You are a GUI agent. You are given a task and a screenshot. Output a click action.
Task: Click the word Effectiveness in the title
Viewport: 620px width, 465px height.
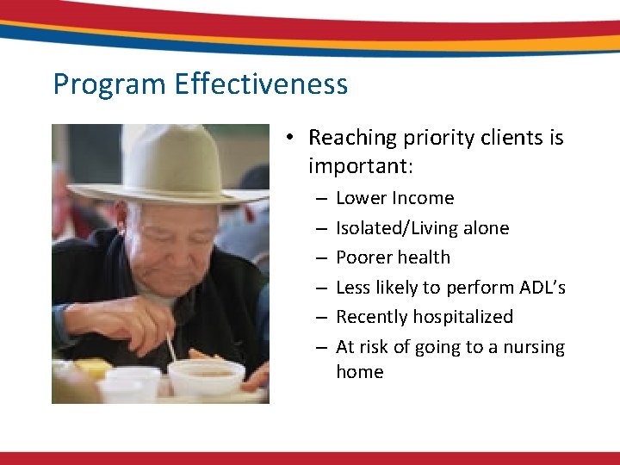(261, 84)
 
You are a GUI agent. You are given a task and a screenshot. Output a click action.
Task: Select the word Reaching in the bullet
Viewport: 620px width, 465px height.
(349, 138)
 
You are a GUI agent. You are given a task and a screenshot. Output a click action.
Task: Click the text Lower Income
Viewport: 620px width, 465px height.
(394, 198)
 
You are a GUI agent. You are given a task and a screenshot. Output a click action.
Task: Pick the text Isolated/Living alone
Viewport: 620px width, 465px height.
(422, 228)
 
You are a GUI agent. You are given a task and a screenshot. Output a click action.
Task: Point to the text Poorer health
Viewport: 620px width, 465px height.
(393, 257)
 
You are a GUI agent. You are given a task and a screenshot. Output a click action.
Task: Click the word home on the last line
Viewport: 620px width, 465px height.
(359, 372)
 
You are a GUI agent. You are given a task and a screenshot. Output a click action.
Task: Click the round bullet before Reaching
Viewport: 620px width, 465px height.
(293, 139)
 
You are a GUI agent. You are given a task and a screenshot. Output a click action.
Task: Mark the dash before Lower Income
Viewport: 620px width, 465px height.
(319, 199)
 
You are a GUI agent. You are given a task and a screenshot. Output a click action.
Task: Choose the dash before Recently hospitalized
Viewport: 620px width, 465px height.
(319, 318)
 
